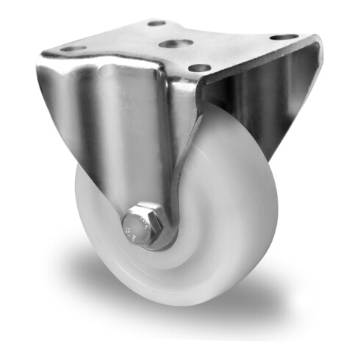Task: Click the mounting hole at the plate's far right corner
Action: click(x=284, y=37)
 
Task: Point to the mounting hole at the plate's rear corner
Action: click(x=156, y=24)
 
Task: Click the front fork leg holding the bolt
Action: click(x=110, y=140)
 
